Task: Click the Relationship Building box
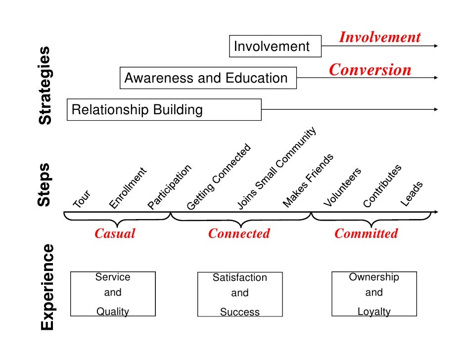pyautogui.click(x=164, y=109)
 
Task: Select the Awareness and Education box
pyautogui.click(x=208, y=78)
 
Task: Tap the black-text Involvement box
pyautogui.click(x=275, y=46)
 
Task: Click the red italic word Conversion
pyautogui.click(x=370, y=70)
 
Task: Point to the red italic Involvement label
pyautogui.click(x=379, y=37)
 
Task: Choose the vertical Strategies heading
pyautogui.click(x=45, y=85)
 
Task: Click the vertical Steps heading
pyautogui.click(x=45, y=184)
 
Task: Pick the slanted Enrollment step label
pyautogui.click(x=128, y=188)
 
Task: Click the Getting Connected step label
pyautogui.click(x=219, y=177)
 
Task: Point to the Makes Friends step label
pyautogui.click(x=308, y=180)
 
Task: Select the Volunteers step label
pyautogui.click(x=342, y=187)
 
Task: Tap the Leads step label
pyautogui.click(x=412, y=194)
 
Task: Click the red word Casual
pyautogui.click(x=115, y=233)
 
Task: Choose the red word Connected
pyautogui.click(x=239, y=233)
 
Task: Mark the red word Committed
pyautogui.click(x=366, y=233)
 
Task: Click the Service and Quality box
pyautogui.click(x=113, y=294)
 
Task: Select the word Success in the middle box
pyautogui.click(x=240, y=312)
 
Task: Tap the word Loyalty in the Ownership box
pyautogui.click(x=374, y=312)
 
